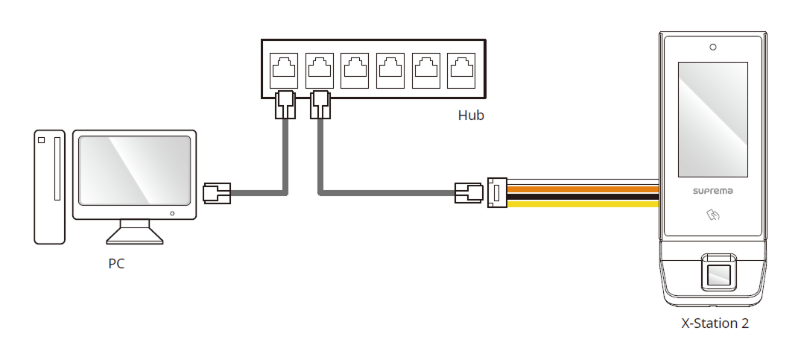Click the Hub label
point(470,116)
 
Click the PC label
point(116,263)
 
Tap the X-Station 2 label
point(715,323)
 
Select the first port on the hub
point(285,70)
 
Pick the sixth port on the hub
point(461,70)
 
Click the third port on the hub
point(355,70)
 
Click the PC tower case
point(50,186)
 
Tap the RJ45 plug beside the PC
point(217,193)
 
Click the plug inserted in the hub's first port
point(285,105)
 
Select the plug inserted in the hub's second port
point(320,105)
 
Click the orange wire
point(581,189)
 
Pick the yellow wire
point(581,203)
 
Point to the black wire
point(581,196)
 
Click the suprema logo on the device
point(713,190)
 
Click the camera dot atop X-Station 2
point(713,48)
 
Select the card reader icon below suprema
point(714,216)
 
